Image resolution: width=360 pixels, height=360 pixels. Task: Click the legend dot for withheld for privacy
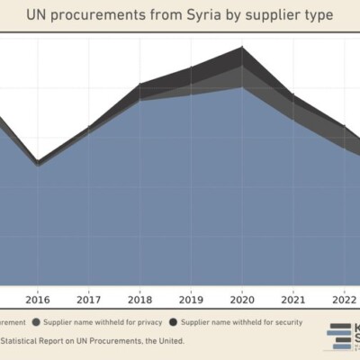pos(36,321)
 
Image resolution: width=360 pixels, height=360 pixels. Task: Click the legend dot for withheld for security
pos(172,321)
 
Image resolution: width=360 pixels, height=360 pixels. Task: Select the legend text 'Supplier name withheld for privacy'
pos(100,321)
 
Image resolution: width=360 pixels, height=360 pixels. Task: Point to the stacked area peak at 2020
pos(242,48)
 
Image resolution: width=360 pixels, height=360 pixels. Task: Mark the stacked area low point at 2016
pos(37,162)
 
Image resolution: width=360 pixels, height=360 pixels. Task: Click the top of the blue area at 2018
pos(139,100)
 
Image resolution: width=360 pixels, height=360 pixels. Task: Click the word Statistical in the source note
pos(29,340)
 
